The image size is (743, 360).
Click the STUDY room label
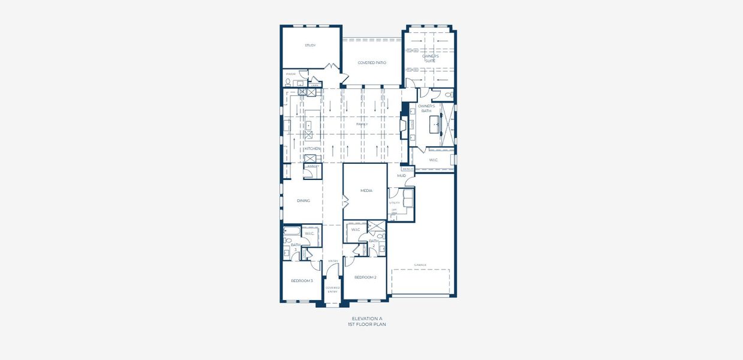310,46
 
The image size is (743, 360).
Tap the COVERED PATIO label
372,62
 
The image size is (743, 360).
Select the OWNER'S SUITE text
430,58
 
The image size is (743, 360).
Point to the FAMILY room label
362,124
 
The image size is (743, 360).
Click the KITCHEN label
312,149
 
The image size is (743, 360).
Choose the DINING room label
303,200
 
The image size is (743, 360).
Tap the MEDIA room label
366,191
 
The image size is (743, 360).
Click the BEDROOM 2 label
365,277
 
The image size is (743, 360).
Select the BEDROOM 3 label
302,281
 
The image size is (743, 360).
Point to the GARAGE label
420,265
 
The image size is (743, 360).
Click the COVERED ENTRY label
333,289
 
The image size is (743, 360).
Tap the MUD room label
401,176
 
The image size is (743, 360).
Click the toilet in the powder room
288,82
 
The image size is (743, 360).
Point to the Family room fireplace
405,125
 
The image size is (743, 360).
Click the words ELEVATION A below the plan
366,319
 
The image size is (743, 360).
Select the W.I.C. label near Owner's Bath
433,160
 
